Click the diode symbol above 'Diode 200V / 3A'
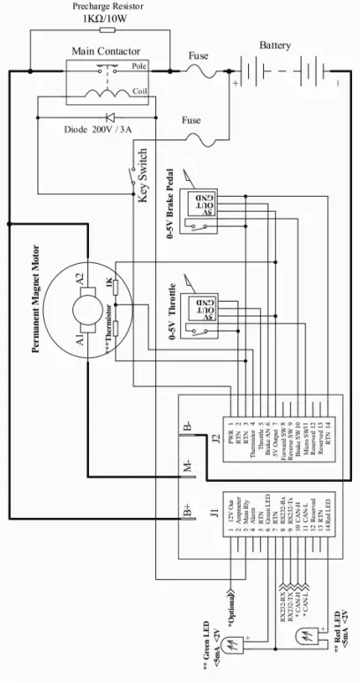pyautogui.click(x=111, y=116)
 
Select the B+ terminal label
pyautogui.click(x=188, y=511)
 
